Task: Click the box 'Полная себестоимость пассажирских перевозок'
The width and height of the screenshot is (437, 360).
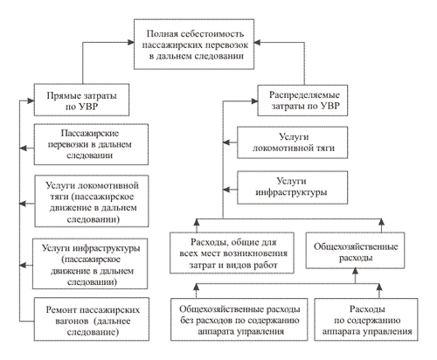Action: pyautogui.click(x=194, y=45)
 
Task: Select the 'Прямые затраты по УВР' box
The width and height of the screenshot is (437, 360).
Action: pyautogui.click(x=81, y=100)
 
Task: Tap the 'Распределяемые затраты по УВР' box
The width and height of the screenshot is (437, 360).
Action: pyautogui.click(x=302, y=100)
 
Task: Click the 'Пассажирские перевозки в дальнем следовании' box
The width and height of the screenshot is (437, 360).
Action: pyautogui.click(x=91, y=144)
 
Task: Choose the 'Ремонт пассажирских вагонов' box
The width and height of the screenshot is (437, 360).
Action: pyautogui.click(x=92, y=319)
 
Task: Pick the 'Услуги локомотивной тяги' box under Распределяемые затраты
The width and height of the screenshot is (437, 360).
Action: pyautogui.click(x=293, y=142)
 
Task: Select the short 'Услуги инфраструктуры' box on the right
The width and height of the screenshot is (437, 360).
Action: pyautogui.click(x=293, y=188)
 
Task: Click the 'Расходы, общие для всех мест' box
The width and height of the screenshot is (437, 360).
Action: pyautogui.click(x=232, y=253)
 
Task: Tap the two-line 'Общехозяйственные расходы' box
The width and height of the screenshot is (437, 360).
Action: pyautogui.click(x=355, y=250)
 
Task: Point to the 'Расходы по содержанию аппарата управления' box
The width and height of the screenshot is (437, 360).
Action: pyautogui.click(x=366, y=319)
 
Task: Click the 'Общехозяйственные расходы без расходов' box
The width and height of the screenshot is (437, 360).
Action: pyautogui.click(x=239, y=319)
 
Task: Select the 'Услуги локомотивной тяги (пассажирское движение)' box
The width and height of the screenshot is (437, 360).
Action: pyautogui.click(x=92, y=201)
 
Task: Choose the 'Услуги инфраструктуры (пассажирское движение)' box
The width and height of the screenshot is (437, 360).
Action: pyautogui.click(x=90, y=264)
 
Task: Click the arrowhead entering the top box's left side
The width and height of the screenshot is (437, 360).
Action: pyautogui.click(x=130, y=43)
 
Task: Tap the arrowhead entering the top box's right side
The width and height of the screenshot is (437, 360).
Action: pyautogui.click(x=257, y=43)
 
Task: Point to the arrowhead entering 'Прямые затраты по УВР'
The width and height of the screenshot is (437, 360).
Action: pyautogui.click(x=31, y=101)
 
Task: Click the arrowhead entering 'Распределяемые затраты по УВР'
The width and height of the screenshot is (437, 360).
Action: pyautogui.click(x=254, y=101)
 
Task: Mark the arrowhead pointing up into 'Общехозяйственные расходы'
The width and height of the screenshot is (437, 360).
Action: pyautogui.click(x=355, y=272)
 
